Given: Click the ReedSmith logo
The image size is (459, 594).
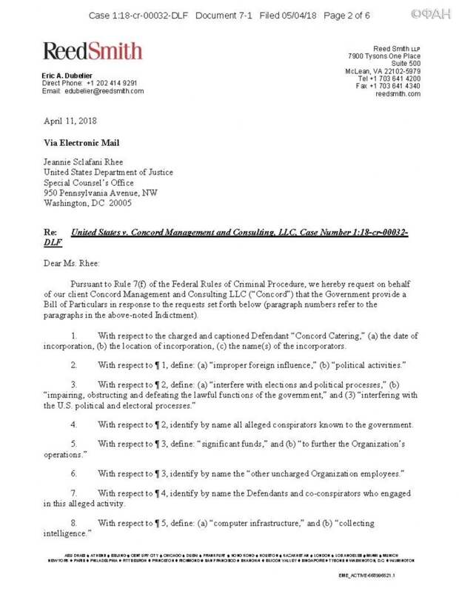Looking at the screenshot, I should (93, 51).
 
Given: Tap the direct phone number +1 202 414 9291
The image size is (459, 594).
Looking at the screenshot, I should (111, 83).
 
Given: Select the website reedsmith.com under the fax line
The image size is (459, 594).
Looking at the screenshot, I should (398, 94).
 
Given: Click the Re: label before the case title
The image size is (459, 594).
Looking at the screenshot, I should (50, 233).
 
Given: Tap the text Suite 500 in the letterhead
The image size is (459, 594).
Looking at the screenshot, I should (404, 63).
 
